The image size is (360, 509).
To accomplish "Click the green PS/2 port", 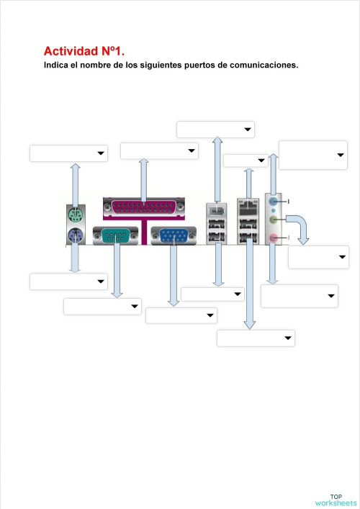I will [x=74, y=215].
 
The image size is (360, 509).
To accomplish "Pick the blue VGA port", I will [x=173, y=235].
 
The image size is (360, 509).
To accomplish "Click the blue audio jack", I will [x=273, y=202].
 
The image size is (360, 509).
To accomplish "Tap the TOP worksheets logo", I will [x=335, y=500].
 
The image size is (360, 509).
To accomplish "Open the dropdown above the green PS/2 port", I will [x=68, y=153].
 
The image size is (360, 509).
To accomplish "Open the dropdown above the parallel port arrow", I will [x=159, y=150].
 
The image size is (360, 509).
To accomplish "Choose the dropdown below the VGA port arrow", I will [x=181, y=315].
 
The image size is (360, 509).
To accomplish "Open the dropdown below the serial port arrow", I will [x=102, y=307].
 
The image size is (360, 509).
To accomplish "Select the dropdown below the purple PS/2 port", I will [x=68, y=281].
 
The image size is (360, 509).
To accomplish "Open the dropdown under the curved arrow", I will [x=318, y=257].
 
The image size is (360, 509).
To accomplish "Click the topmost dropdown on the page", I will [x=215, y=129].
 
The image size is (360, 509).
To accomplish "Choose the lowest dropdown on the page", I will [x=256, y=338].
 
